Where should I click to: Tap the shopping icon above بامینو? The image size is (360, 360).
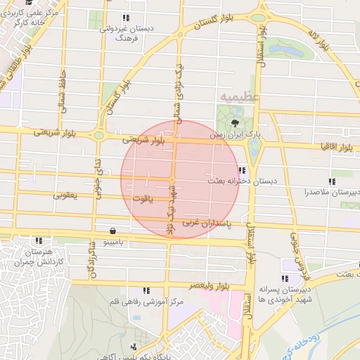113,230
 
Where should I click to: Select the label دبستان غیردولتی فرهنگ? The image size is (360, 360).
126,33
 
